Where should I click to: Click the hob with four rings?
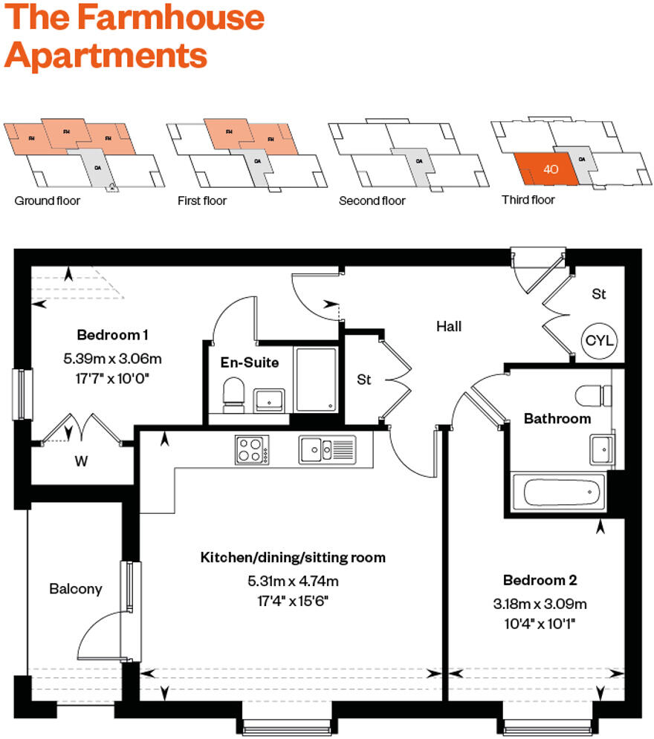coord(253,449)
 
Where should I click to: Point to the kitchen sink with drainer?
coord(328,449)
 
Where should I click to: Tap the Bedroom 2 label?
coord(540,580)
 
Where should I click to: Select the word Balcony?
coord(76,589)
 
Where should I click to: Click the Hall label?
coord(449,325)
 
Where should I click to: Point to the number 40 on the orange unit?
coord(551,169)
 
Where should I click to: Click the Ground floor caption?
coord(48,201)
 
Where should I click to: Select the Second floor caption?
coord(372,201)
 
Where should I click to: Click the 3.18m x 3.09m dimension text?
coord(540,603)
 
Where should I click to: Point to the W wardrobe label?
coord(81,461)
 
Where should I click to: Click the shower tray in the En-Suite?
coord(317,379)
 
